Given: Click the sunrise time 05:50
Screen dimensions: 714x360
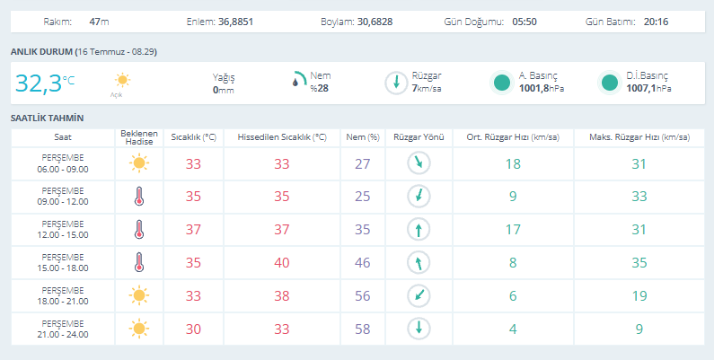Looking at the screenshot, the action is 524,22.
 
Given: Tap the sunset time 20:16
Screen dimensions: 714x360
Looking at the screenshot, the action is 656,22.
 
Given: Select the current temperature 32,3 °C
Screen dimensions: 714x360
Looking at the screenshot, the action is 45,83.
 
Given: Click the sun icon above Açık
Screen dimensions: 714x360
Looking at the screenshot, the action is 122,81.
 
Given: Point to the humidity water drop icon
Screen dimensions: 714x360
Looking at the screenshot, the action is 296,82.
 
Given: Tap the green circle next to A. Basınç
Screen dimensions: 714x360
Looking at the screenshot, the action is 502,83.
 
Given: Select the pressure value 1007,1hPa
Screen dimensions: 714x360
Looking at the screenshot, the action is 648,88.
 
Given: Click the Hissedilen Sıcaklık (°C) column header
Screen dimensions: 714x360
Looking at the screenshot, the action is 282,137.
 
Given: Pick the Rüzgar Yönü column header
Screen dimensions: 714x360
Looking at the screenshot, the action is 419,137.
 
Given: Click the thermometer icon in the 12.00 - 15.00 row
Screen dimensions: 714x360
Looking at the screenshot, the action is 139,230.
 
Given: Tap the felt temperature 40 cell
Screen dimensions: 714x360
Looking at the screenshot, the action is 282,263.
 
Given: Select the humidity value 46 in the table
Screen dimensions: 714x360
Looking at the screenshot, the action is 363,263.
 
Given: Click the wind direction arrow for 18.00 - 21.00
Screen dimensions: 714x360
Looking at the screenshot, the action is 419,295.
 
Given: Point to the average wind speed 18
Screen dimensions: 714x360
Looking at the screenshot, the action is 513,164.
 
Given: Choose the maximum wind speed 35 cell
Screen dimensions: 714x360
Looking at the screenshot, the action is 639,263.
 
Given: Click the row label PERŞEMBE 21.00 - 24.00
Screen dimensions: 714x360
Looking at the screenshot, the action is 63,329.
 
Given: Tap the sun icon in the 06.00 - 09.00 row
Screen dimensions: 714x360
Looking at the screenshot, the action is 139,162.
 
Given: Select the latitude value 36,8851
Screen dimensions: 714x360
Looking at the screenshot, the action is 235,22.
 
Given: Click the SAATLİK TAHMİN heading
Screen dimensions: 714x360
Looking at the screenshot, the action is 48,119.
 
